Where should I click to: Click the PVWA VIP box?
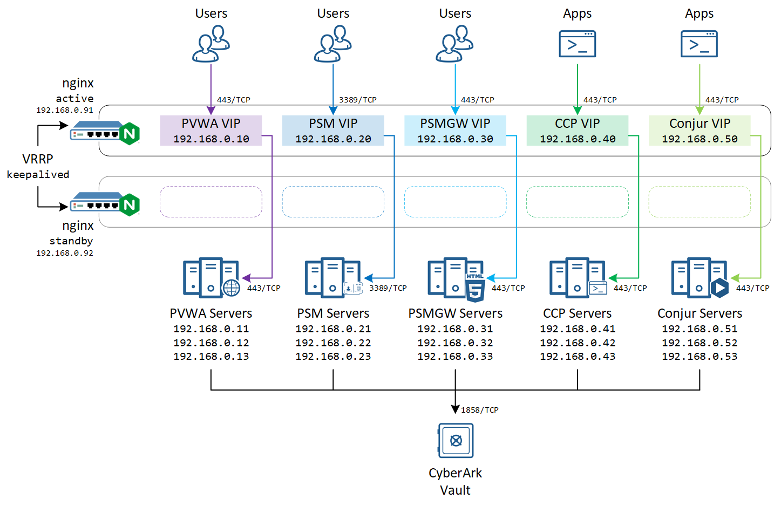[x=211, y=131]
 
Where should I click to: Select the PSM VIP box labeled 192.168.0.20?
[x=333, y=131]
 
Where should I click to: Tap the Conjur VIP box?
[x=700, y=131]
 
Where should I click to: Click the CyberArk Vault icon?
[x=456, y=440]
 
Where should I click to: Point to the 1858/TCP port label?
[x=479, y=410]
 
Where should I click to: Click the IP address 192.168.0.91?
[x=65, y=110]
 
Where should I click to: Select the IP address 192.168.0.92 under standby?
[x=65, y=253]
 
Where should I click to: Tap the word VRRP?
[x=38, y=159]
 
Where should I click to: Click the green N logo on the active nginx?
[x=130, y=133]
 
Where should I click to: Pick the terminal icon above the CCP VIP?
[x=577, y=44]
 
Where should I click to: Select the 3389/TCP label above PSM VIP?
[x=357, y=100]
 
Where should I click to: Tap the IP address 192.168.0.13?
[x=211, y=357]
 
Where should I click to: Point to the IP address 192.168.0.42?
[x=578, y=343]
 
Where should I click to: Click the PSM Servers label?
[x=333, y=313]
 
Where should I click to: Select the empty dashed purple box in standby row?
[x=211, y=202]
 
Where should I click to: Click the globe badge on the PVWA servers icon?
[x=232, y=288]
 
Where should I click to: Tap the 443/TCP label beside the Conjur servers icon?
[x=752, y=288]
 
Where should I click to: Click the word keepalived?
[x=38, y=175]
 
